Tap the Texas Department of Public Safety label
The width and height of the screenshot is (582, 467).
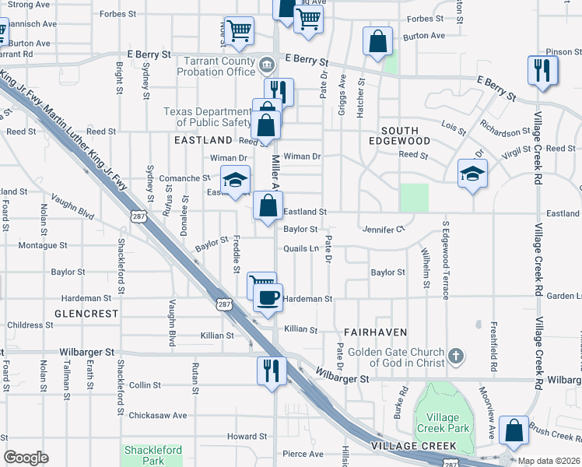point(209,117)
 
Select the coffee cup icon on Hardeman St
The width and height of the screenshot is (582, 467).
point(268,298)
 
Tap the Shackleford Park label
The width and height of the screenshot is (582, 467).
point(153,455)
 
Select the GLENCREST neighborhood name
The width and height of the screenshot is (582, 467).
point(86,314)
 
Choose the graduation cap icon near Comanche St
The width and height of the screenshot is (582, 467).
point(235,180)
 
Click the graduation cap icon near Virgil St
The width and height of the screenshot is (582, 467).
point(472,173)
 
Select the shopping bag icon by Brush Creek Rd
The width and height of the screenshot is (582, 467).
point(514,430)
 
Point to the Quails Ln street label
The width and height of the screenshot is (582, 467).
point(302,249)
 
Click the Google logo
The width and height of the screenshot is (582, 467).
point(26,458)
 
